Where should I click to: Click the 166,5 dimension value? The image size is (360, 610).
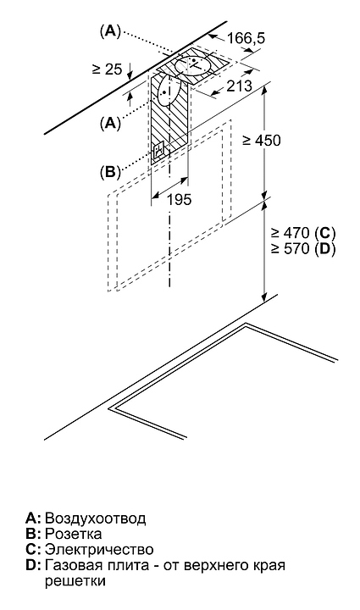pos(246,38)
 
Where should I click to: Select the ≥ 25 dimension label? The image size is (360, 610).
pos(108,69)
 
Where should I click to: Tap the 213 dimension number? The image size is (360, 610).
pos(240,86)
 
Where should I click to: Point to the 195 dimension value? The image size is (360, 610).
pos(180,200)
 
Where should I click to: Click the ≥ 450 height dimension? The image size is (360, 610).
pos(261,141)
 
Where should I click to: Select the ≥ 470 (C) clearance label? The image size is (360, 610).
pos(303,233)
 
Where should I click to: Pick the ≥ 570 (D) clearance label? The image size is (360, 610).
pos(303,248)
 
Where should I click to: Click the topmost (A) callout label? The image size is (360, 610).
pos(110,32)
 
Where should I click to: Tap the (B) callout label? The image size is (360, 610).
pos(110,171)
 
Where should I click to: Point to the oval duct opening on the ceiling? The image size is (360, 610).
pos(193,66)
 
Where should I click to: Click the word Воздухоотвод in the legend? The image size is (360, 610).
pos(96,518)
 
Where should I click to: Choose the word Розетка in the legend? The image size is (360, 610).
pos(74,534)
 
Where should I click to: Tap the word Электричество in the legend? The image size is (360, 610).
pos(99,549)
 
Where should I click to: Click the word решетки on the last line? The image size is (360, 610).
pos(75,581)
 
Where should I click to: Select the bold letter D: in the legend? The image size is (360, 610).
pos(33,565)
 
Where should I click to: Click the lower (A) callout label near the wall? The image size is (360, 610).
pos(110,124)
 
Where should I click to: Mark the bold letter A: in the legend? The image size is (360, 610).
pos(33,518)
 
